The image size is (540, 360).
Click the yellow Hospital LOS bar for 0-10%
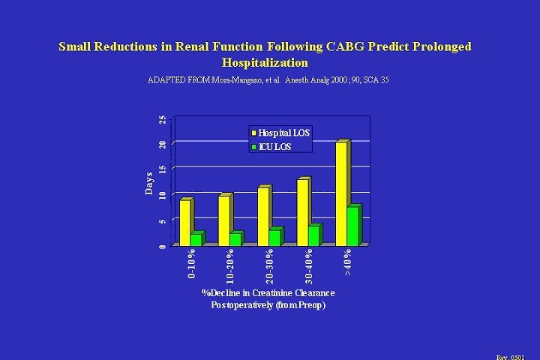(x=184, y=222)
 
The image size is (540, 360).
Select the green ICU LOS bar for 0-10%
(x=196, y=238)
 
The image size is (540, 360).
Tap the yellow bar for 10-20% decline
(x=223, y=220)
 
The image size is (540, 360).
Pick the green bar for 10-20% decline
(x=235, y=238)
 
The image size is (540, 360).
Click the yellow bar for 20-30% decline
(x=263, y=216)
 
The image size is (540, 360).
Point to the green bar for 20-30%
(x=274, y=237)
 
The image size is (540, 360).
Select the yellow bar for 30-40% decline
(x=302, y=211)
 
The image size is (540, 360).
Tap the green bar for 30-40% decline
(x=313, y=235)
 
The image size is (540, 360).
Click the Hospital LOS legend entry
(x=283, y=132)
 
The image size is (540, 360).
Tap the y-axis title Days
(x=149, y=183)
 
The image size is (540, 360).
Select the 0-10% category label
(x=192, y=266)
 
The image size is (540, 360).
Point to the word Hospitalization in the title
(x=265, y=62)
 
